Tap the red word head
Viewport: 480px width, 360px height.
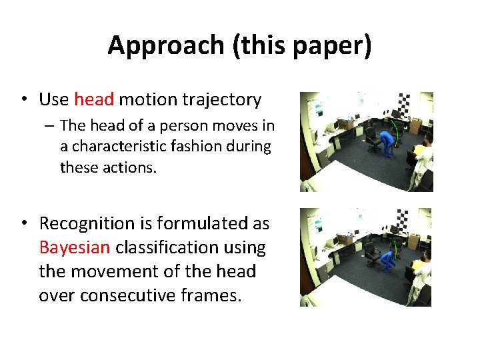(95, 100)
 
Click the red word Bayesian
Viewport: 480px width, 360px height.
(75, 247)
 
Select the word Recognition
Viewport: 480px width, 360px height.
(91, 223)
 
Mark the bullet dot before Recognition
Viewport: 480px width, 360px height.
(23, 223)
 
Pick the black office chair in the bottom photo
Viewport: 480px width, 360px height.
(371, 257)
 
